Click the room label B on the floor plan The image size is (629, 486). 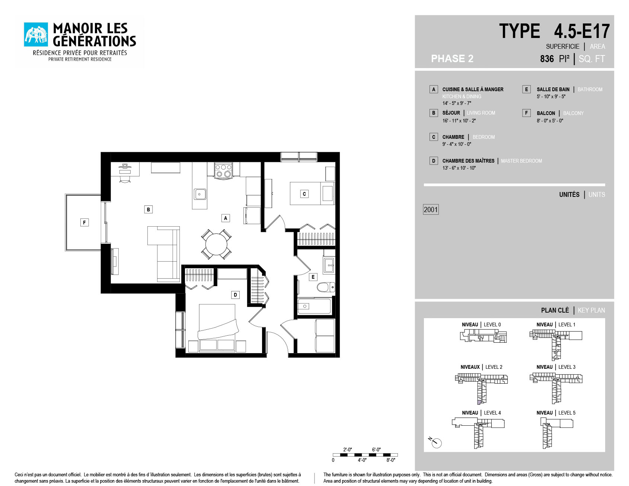[x=148, y=210]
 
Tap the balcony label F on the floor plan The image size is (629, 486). [x=84, y=223]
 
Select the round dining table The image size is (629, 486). [x=216, y=244]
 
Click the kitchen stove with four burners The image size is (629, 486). [x=223, y=171]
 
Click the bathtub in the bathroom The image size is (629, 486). [x=314, y=306]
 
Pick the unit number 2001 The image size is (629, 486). [x=431, y=210]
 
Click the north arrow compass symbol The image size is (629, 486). [x=435, y=442]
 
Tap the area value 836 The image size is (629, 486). [x=547, y=59]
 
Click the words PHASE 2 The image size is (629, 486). [x=452, y=58]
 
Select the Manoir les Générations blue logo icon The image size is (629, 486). [x=36, y=35]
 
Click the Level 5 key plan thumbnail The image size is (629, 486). [x=556, y=433]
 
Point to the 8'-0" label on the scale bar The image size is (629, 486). [x=391, y=460]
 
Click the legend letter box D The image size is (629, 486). [x=433, y=161]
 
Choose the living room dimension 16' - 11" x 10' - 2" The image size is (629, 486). [x=459, y=121]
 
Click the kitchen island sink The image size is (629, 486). [x=200, y=194]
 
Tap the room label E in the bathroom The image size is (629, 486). [x=313, y=277]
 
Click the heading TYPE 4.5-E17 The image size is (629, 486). [x=554, y=31]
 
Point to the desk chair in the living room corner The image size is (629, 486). [x=125, y=179]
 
